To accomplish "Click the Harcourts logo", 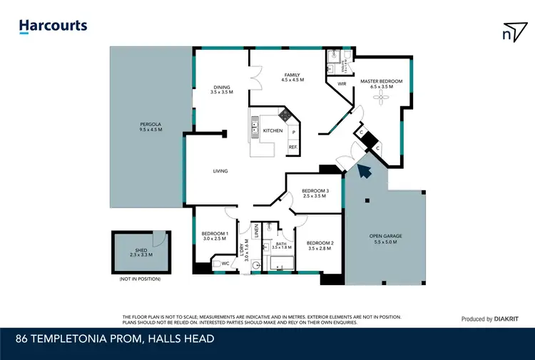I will pos(53,26).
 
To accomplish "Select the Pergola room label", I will pos(151,127).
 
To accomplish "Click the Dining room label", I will pos(222,88).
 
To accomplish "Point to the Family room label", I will pos(292,78).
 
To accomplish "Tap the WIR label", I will pos(342,83).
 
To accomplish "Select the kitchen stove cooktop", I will pos(285,114).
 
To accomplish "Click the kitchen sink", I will pos(255,130).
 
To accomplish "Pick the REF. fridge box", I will pos(292,148).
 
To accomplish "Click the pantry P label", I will pos(293,133).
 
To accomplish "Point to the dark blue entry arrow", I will pos(365,170).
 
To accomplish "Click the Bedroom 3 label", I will pos(315,192).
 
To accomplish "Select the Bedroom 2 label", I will pos(320,245).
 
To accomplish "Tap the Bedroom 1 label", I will pos(215,235).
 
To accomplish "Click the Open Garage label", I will pos(385,240).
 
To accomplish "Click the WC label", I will pos(225,264).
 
